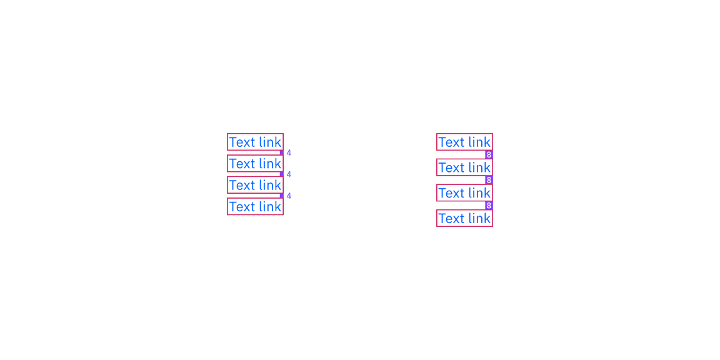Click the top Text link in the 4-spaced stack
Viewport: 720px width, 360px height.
click(255, 142)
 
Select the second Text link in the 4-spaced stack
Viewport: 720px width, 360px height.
click(255, 164)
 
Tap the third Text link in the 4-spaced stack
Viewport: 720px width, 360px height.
click(255, 185)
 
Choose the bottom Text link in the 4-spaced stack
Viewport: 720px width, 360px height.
click(255, 207)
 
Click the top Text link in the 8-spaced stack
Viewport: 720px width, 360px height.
click(465, 142)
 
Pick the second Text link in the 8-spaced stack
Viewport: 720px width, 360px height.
click(465, 167)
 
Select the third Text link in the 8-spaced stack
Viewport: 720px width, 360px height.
click(465, 193)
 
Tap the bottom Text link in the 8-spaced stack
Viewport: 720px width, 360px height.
click(465, 219)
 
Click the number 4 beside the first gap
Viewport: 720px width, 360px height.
click(289, 153)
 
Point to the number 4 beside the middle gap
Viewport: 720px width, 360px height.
click(289, 174)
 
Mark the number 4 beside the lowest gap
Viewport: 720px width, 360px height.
click(289, 196)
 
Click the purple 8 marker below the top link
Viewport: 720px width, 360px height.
click(489, 155)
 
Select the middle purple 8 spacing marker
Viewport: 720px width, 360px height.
click(489, 180)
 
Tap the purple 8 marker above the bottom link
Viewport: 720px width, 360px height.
click(489, 206)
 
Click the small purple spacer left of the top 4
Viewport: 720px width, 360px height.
click(281, 152)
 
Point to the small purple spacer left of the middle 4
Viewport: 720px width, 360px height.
click(281, 174)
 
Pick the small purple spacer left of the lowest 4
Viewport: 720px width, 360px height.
click(281, 196)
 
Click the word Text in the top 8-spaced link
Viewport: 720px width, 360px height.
click(451, 142)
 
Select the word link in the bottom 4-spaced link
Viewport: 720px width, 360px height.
click(269, 207)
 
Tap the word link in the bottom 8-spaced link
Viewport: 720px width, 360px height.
click(479, 219)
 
